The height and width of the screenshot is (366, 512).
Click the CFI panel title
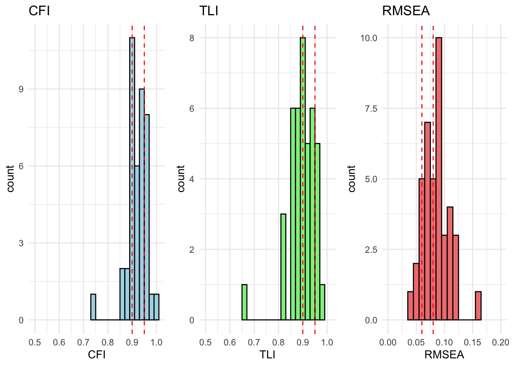pos(39,11)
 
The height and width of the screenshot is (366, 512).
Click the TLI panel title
pos(209,11)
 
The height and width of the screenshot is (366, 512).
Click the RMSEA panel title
pos(406,11)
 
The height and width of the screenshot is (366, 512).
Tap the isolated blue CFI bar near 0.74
pos(93,307)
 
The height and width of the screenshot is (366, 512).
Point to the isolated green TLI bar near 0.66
pos(244,302)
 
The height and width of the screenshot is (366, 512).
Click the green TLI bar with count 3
pos(283,267)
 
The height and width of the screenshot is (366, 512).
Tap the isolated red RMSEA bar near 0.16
pos(478,306)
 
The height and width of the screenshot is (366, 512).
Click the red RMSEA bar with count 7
pos(427,221)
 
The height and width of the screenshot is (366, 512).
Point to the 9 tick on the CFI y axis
pos(21,89)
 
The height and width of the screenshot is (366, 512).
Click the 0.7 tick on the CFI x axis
pos(83,342)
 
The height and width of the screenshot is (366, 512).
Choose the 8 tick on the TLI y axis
pos(192,38)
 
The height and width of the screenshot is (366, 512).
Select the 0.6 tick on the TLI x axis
pos(230,342)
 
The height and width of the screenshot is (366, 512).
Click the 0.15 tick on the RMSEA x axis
pos(473,342)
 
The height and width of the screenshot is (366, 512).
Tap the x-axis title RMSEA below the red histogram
pos(444,355)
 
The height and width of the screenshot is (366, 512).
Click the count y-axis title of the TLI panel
pos(181,178)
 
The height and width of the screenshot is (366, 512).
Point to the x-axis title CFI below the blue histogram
pos(97,355)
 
